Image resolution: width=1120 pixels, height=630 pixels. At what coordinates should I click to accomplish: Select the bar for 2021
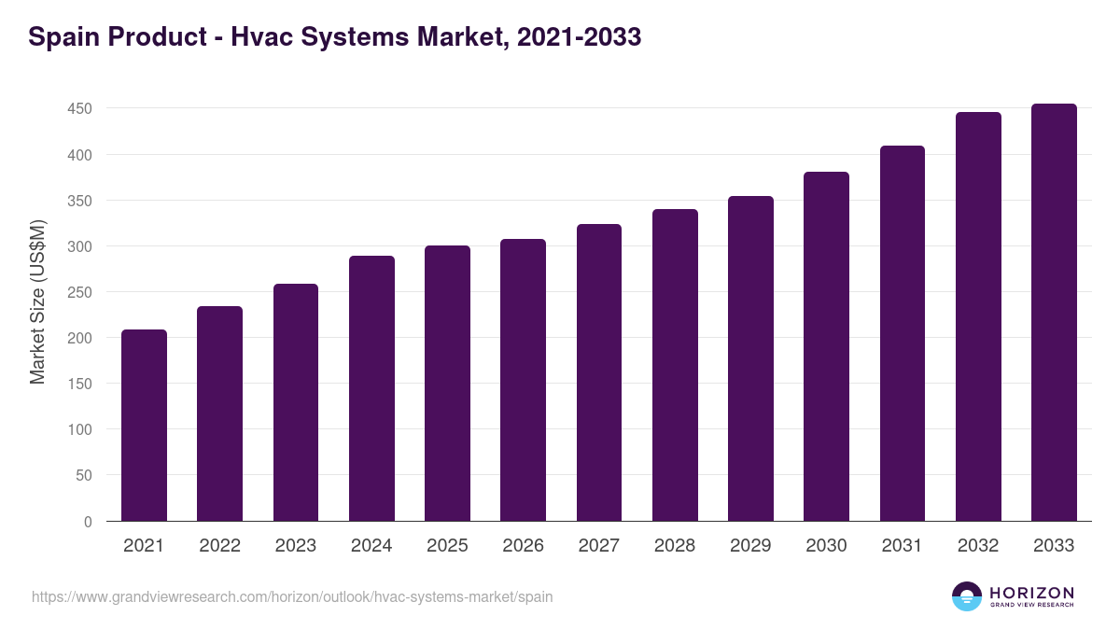(144, 425)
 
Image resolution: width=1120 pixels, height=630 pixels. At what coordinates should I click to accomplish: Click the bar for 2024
(371, 388)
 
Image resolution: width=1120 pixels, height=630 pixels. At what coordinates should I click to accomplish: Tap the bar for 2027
(599, 372)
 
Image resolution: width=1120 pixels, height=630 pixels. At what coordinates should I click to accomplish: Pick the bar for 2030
(826, 346)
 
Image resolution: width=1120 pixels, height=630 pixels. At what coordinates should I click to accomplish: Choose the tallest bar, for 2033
(1054, 313)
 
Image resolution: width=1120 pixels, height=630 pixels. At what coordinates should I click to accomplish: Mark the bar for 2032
(978, 316)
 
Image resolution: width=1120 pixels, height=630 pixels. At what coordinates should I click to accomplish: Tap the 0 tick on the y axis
(88, 522)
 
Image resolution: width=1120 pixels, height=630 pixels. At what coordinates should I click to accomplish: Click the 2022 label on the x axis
(219, 546)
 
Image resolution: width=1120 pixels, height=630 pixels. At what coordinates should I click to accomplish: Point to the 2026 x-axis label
(523, 546)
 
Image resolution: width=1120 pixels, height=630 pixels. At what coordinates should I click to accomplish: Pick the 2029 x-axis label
(750, 546)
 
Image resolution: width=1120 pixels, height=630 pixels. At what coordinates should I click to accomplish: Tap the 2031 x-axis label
(902, 546)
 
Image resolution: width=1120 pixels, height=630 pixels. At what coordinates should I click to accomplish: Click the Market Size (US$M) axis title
(37, 301)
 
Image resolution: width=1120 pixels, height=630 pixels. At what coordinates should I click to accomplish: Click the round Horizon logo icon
(967, 596)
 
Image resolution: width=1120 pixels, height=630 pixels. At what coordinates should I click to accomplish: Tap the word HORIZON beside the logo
(1031, 593)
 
